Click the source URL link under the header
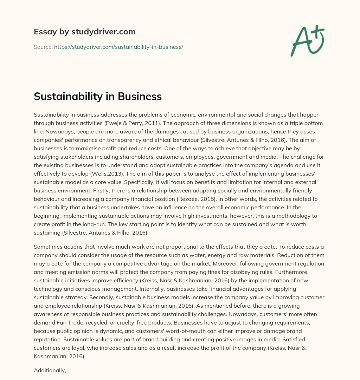tap(118, 47)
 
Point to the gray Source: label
tap(43, 47)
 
